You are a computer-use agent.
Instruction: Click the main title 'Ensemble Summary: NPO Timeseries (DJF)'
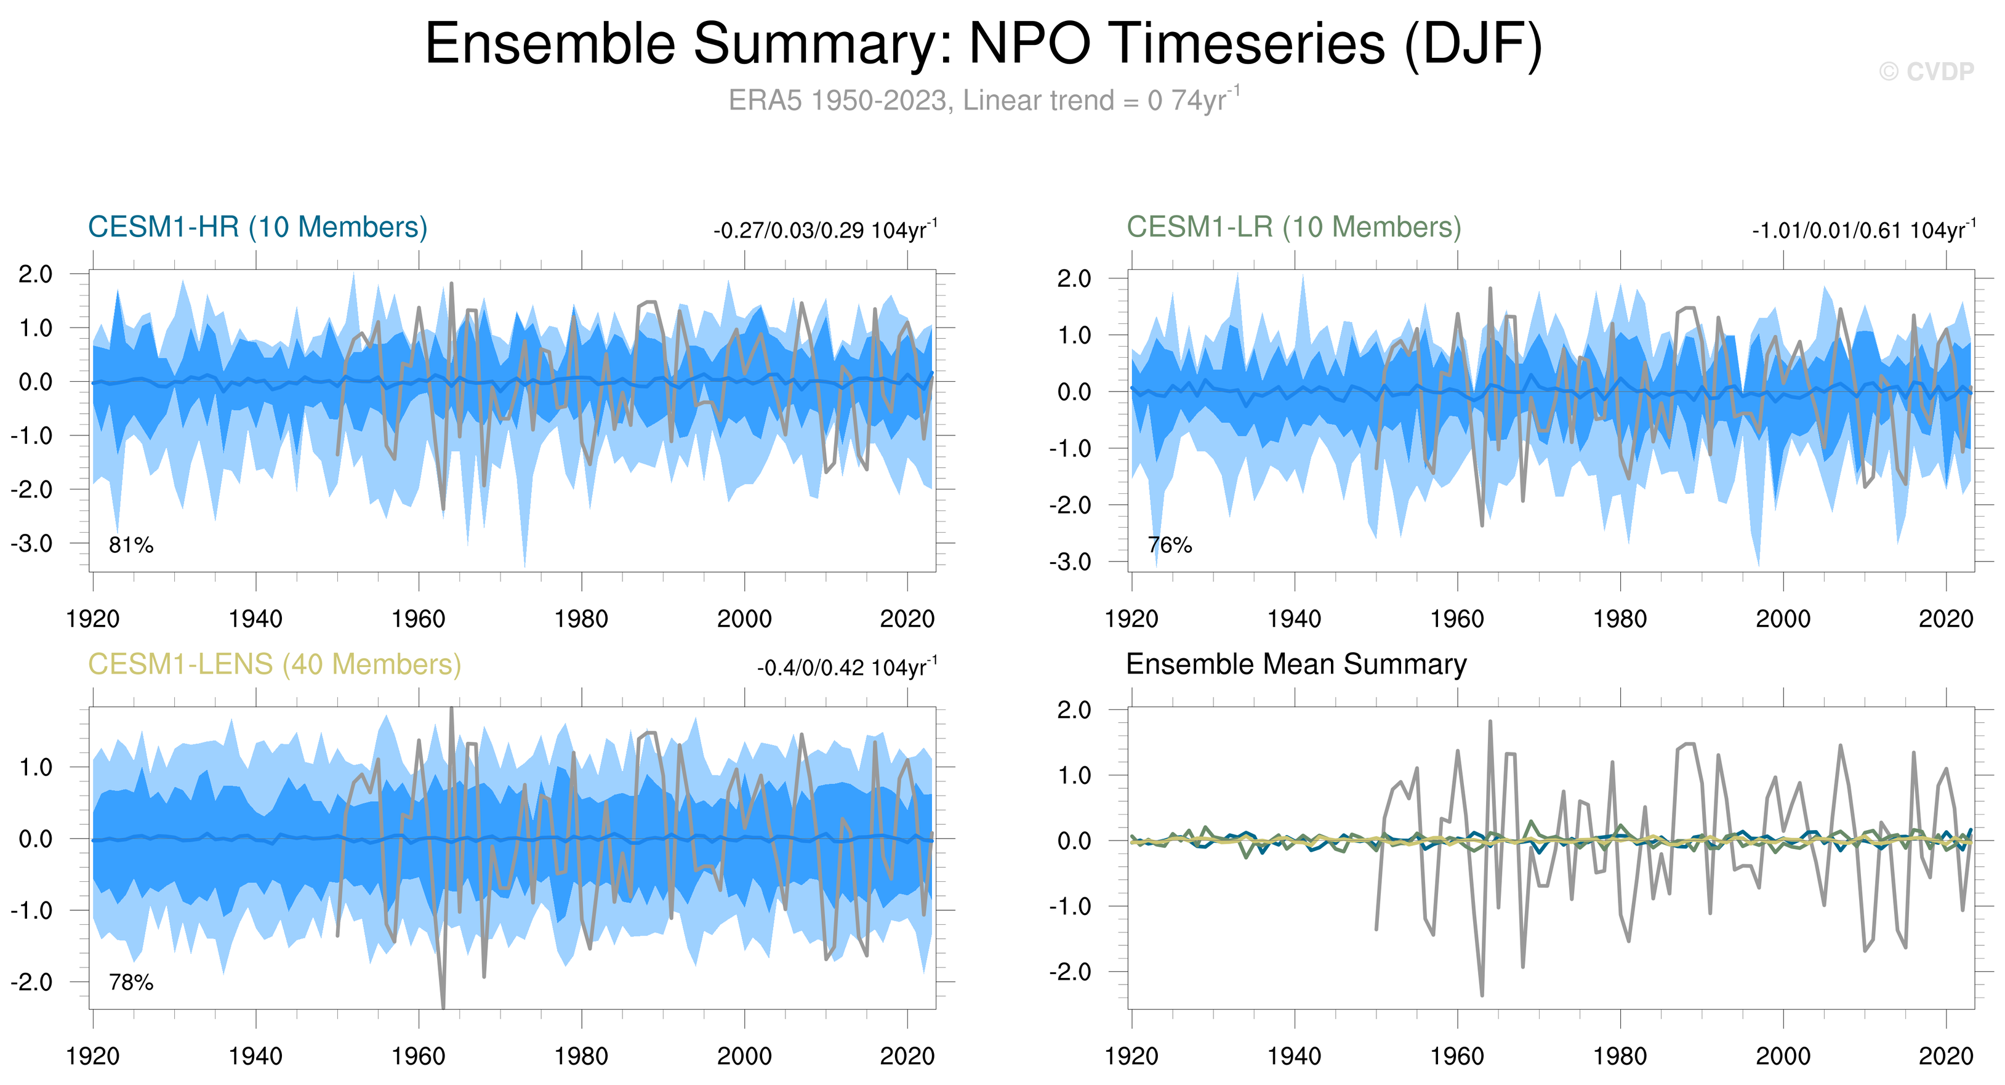983,44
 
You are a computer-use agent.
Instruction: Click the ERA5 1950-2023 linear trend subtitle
983,100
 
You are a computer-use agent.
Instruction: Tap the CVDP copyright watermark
1926,71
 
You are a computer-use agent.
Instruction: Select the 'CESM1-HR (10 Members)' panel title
258,227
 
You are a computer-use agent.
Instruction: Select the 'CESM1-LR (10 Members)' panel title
1293,227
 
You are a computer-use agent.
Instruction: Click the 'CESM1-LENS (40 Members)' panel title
274,664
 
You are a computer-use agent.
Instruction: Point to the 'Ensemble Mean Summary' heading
1296,664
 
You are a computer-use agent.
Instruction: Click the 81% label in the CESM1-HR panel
131,546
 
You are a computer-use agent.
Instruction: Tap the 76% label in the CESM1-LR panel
1170,546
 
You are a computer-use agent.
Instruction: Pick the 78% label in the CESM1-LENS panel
131,983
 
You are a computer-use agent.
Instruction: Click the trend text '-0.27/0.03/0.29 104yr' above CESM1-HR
825,231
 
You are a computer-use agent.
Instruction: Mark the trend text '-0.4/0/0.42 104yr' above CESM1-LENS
847,669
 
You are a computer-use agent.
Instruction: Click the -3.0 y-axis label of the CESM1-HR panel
32,543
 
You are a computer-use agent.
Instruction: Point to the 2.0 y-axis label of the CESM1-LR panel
1074,279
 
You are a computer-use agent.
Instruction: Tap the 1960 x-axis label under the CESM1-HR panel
419,619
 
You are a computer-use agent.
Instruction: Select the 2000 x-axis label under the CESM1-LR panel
1783,619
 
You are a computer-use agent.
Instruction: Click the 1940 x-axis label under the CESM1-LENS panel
255,1057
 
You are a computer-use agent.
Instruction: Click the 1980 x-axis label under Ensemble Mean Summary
1620,1057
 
